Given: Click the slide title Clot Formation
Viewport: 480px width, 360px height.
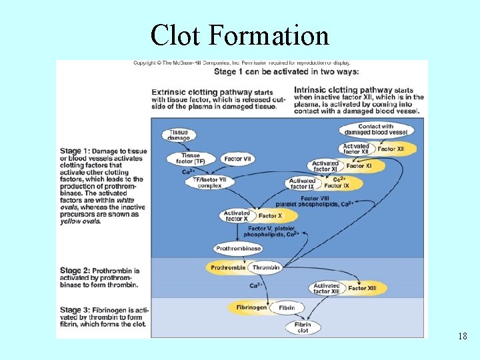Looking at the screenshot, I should click(240, 35).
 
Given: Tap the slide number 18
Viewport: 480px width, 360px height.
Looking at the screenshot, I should click(462, 336).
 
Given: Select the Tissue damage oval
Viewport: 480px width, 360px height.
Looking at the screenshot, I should click(179, 135).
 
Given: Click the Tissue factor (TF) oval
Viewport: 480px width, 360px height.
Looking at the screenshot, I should click(190, 159).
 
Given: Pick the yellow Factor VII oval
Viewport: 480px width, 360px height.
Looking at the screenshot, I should click(238, 159).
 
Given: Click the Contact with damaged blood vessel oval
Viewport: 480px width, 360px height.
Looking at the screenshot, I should click(375, 129).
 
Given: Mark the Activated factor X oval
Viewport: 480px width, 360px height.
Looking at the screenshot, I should click(236, 216).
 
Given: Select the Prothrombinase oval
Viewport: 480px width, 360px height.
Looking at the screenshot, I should click(238, 249).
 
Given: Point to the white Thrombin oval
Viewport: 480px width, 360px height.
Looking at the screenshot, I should click(266, 267).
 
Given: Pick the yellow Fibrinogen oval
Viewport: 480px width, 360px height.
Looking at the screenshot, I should click(251, 307).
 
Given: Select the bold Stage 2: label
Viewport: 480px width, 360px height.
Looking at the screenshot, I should click(75, 271).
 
